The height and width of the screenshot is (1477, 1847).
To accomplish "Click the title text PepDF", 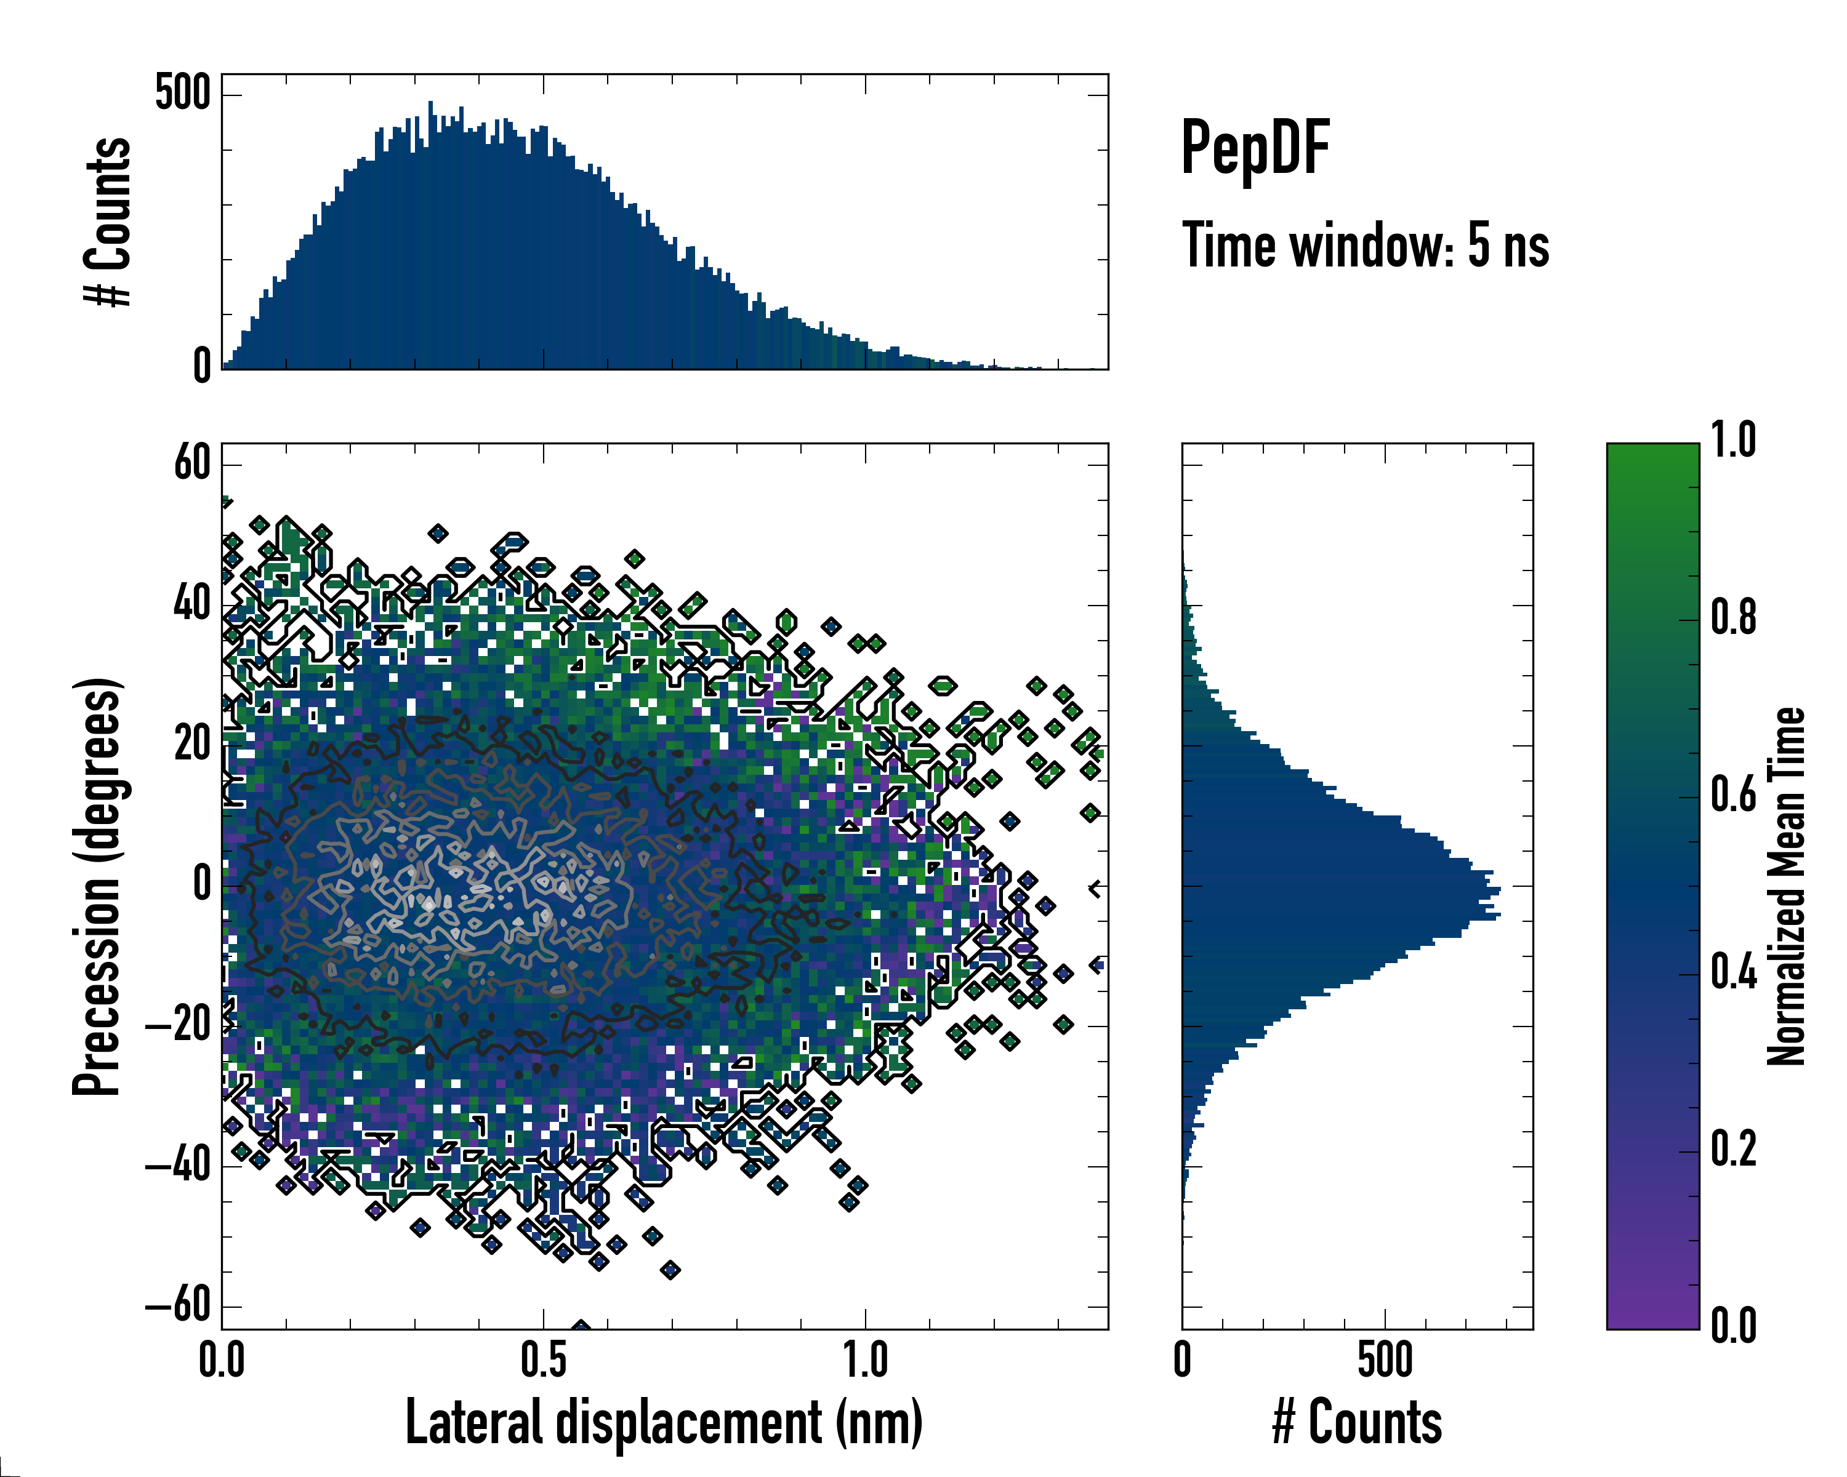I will tap(1254, 148).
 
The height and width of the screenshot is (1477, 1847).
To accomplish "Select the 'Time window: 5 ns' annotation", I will tap(1365, 246).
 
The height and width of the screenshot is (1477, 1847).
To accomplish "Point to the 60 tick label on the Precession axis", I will tap(192, 464).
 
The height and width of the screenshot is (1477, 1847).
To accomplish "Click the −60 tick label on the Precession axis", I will tap(178, 1306).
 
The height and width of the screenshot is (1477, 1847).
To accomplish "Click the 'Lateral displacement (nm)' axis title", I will tap(664, 1422).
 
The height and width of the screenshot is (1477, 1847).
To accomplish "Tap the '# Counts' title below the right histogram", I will tap(1357, 1422).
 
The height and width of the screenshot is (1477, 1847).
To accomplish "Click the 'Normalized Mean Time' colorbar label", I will tap(1786, 886).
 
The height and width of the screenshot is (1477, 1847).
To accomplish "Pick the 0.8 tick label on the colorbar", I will tap(1733, 618).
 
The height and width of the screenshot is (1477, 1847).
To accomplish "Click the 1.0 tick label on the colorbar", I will tap(1733, 441).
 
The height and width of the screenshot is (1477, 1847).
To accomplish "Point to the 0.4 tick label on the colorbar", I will tap(1733, 973).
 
